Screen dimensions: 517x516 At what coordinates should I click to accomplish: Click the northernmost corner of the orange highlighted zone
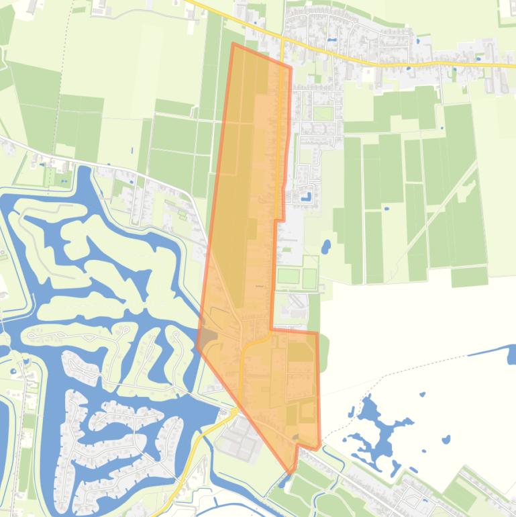233,44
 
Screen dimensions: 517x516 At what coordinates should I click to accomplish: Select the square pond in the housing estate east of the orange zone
306,197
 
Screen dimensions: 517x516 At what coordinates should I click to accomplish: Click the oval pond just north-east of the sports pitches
326,246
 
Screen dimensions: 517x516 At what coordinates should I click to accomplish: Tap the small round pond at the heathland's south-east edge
446,440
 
